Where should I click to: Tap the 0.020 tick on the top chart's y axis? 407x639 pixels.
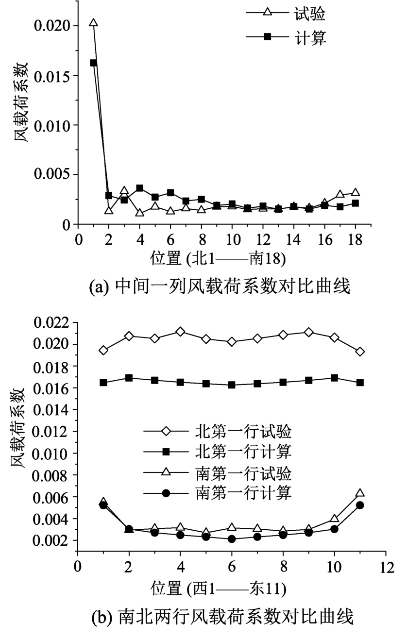(x=52, y=25)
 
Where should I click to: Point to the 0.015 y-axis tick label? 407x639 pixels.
(x=52, y=75)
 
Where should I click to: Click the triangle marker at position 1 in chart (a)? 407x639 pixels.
(x=93, y=23)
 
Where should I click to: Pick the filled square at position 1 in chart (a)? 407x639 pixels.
(x=93, y=63)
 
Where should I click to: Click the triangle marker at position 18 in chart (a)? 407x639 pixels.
(x=356, y=192)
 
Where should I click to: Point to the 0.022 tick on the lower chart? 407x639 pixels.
(x=52, y=322)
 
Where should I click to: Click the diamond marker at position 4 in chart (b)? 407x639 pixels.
(x=180, y=332)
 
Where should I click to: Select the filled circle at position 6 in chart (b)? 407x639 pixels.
(x=232, y=539)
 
